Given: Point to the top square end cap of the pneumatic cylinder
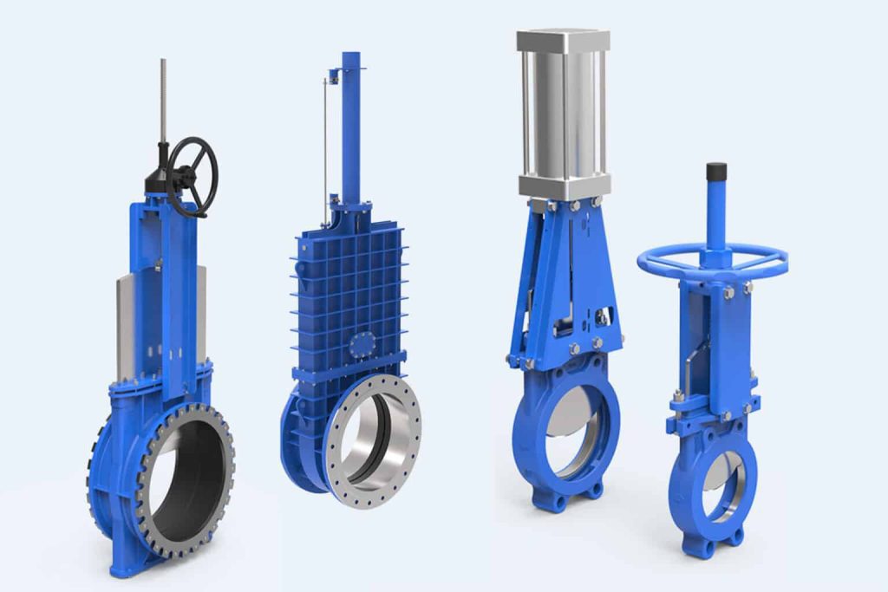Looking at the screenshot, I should [x=564, y=40].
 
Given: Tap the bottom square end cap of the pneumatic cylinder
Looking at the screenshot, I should [x=564, y=184].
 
